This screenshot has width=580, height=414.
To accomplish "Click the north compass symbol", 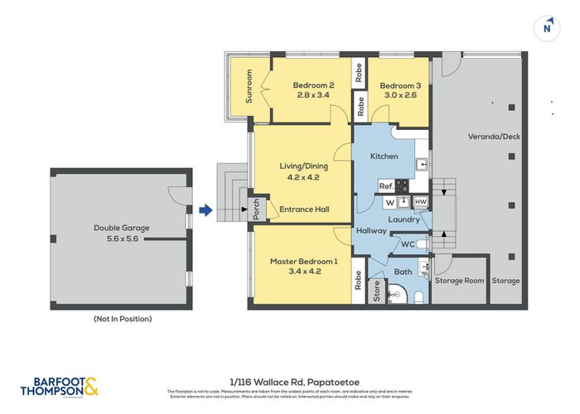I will (546, 27).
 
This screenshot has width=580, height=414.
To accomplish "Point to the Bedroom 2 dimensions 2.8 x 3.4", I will (313, 96).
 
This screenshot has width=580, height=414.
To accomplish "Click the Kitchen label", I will (384, 156).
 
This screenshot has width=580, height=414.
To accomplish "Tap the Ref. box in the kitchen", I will (386, 186).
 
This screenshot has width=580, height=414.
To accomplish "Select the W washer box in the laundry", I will (387, 202).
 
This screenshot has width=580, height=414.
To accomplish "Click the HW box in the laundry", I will (420, 202).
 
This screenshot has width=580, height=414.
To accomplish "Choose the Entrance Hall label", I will (304, 209).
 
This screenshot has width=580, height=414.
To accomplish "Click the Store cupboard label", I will (377, 292).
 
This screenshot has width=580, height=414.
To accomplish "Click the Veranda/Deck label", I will (494, 137).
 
